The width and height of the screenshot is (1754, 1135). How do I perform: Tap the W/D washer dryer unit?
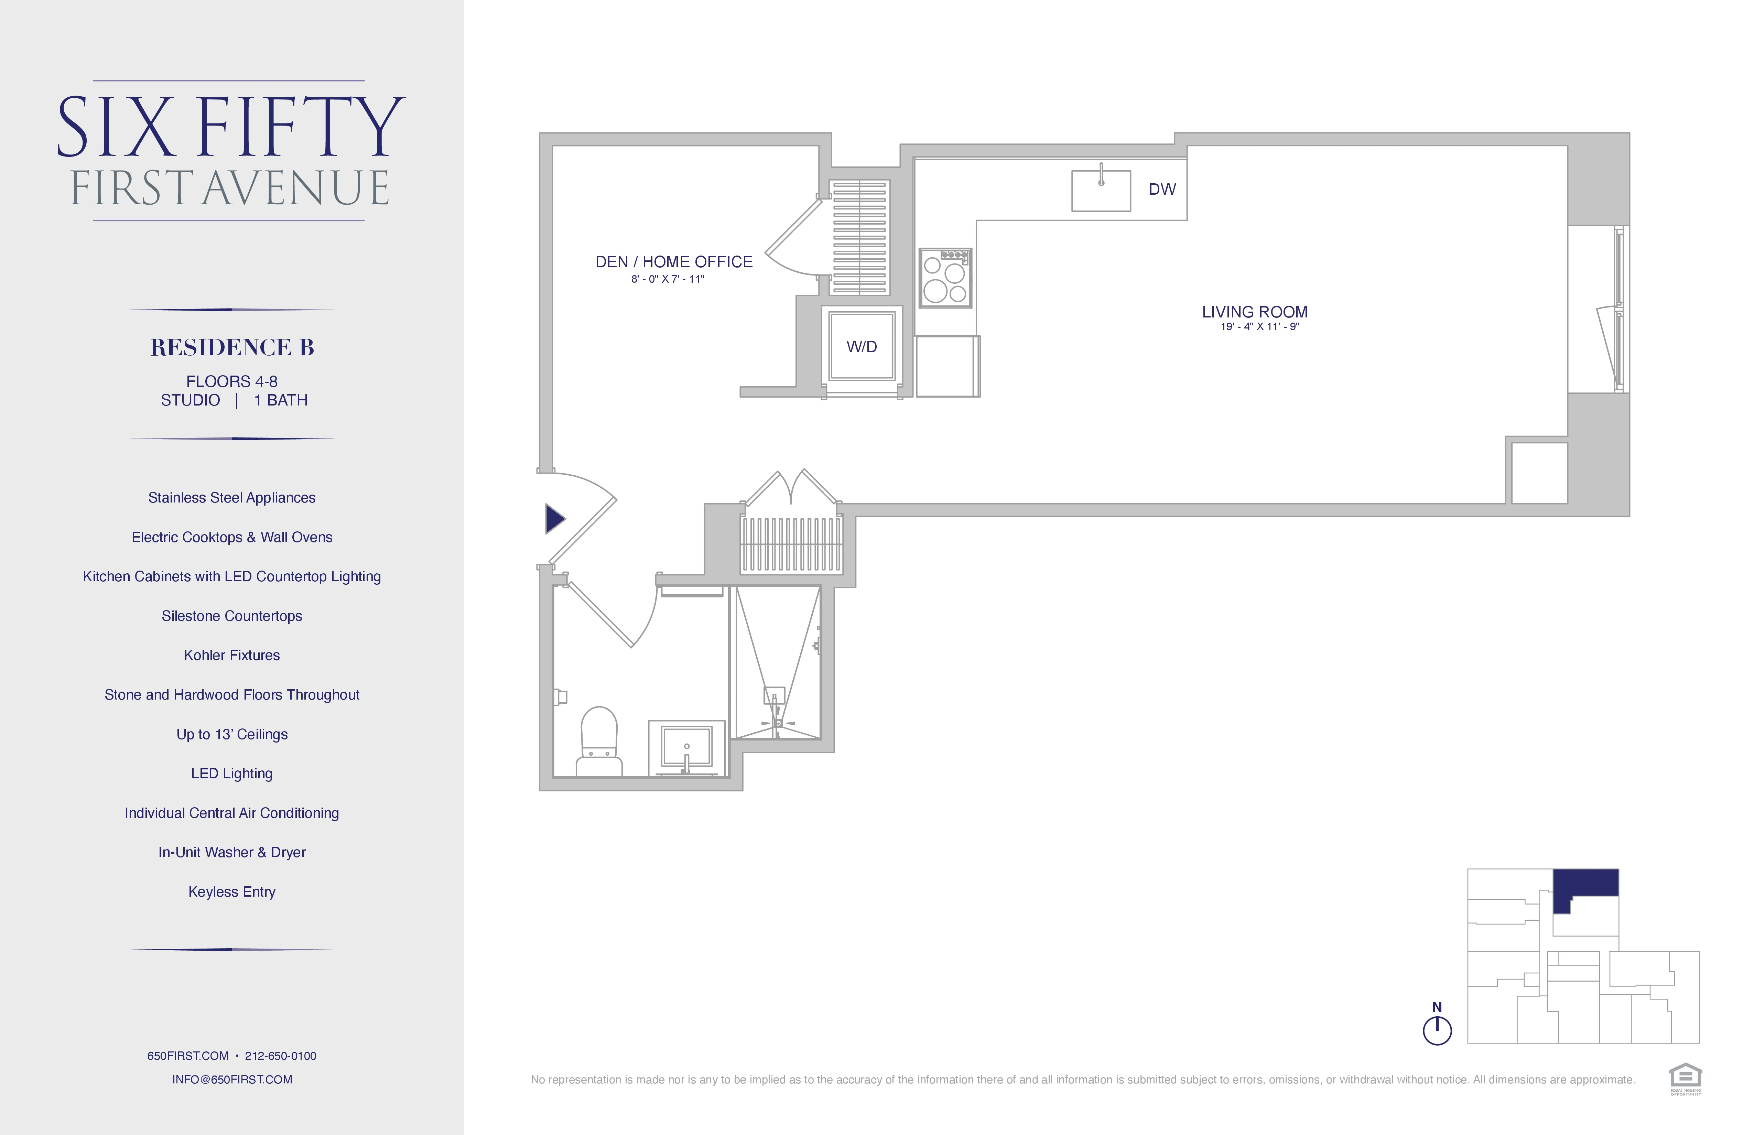point(862,346)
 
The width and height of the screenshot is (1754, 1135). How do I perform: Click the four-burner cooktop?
point(945,278)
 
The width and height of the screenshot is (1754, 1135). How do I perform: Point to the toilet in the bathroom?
point(598,741)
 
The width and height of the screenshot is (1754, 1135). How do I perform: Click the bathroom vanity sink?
point(686,747)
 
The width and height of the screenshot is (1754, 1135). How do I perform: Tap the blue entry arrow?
point(554,519)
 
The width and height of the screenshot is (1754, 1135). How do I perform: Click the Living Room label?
point(1254,312)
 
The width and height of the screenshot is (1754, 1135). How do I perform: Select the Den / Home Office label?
point(674,262)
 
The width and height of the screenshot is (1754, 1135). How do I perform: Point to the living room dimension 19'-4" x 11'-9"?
point(1259,326)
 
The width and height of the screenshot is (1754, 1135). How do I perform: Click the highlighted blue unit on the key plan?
point(1584,883)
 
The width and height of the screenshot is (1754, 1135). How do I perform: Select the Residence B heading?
point(232,347)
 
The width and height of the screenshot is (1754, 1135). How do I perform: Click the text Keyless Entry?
point(232,892)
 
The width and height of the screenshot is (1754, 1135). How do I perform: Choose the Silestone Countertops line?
point(232,616)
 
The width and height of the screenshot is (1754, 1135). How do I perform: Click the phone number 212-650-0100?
point(281,1056)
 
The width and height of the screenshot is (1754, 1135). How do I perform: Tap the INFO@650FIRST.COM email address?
point(232,1079)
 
